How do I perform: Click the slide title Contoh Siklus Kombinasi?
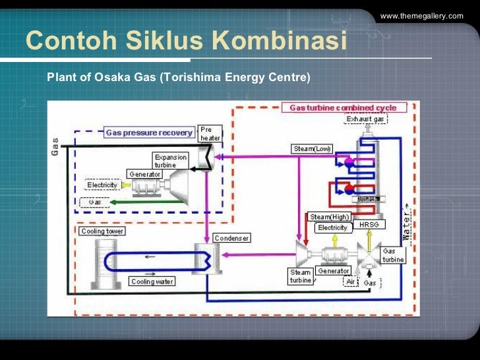[x=186, y=41]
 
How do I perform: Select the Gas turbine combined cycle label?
[x=349, y=107]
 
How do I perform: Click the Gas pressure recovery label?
[x=149, y=133]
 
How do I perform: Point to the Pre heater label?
[x=210, y=134]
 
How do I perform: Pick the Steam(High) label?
[x=329, y=217]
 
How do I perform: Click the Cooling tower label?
[x=102, y=231]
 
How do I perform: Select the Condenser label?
[x=231, y=238]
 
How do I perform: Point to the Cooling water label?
[x=152, y=282]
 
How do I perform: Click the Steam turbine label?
[x=300, y=276]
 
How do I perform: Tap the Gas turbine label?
[x=393, y=255]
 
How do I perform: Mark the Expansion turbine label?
[x=170, y=161]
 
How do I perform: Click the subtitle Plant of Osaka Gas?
[x=178, y=77]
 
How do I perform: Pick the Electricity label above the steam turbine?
[x=332, y=227]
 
